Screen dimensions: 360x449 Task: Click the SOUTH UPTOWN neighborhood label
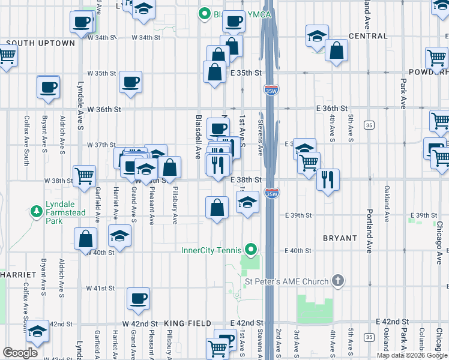coord(40,43)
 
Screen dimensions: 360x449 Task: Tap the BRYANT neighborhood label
coord(340,238)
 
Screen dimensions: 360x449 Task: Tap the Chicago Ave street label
coord(440,243)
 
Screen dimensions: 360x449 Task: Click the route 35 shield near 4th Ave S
coord(369,125)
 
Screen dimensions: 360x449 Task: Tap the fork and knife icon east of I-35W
coord(328,179)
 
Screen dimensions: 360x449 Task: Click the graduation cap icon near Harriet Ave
coord(119,235)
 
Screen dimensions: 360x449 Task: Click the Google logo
coord(20,353)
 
